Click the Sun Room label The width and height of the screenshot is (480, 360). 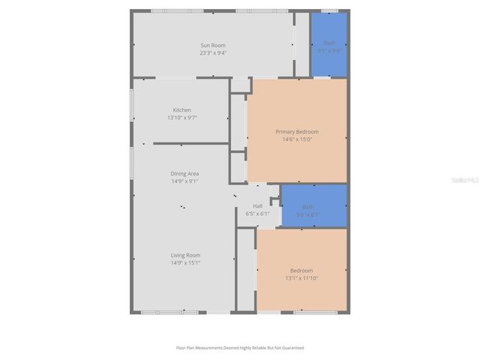(x=212, y=46)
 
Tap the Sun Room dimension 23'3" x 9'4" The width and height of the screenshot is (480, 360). (x=212, y=53)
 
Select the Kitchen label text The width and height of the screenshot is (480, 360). (x=181, y=110)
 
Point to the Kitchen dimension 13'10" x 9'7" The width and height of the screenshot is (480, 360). (x=181, y=118)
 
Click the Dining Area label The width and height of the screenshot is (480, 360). (x=184, y=173)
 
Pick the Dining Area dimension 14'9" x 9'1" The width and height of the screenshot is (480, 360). (x=184, y=181)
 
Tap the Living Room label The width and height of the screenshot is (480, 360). (x=184, y=255)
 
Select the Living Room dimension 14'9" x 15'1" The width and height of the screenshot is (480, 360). (x=184, y=262)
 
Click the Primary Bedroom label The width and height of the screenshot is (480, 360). (x=296, y=131)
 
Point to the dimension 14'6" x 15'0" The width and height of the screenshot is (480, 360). (x=296, y=139)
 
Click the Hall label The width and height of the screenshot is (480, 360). (x=257, y=206)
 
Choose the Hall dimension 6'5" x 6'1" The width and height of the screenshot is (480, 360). (x=257, y=214)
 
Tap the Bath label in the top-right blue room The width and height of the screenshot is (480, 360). (x=328, y=43)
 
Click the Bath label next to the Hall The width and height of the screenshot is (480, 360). (x=308, y=207)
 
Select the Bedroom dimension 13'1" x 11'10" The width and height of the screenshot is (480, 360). (x=301, y=278)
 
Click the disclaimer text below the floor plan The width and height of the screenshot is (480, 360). (x=240, y=348)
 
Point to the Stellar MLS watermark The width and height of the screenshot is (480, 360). (x=465, y=180)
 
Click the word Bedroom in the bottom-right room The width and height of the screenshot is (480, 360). (x=301, y=270)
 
